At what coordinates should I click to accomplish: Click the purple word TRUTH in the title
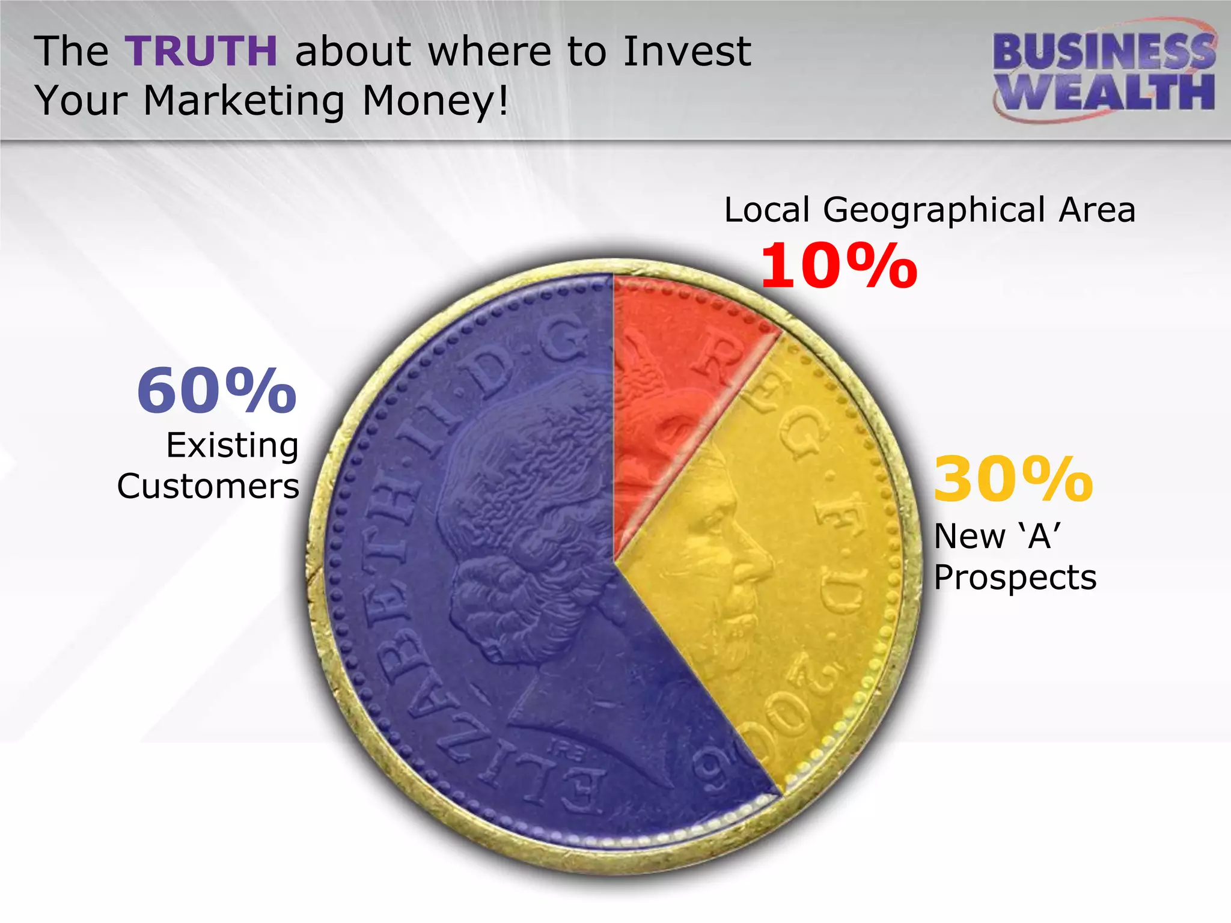[x=202, y=52]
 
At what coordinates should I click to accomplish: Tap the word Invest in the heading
[x=687, y=52]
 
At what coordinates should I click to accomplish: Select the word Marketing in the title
[x=244, y=101]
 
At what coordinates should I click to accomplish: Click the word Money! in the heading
[x=436, y=101]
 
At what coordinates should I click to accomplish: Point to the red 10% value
[x=838, y=266]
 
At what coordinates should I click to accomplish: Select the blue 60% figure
[x=217, y=392]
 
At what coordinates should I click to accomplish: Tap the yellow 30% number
[x=1013, y=480]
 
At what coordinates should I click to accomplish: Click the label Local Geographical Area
[x=929, y=210]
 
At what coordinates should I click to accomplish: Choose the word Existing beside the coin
[x=233, y=446]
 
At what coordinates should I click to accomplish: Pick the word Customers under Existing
[x=208, y=486]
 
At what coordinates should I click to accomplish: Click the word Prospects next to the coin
[x=1015, y=577]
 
